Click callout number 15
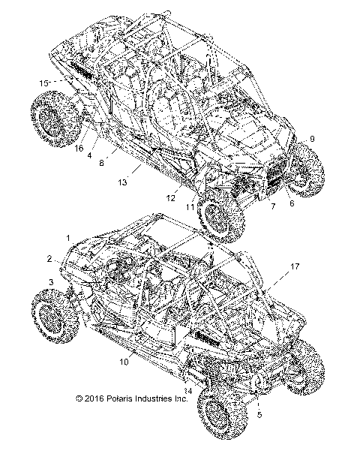[43, 82]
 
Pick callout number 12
[171, 198]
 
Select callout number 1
[69, 237]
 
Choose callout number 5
[259, 413]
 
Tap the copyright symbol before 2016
[79, 401]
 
